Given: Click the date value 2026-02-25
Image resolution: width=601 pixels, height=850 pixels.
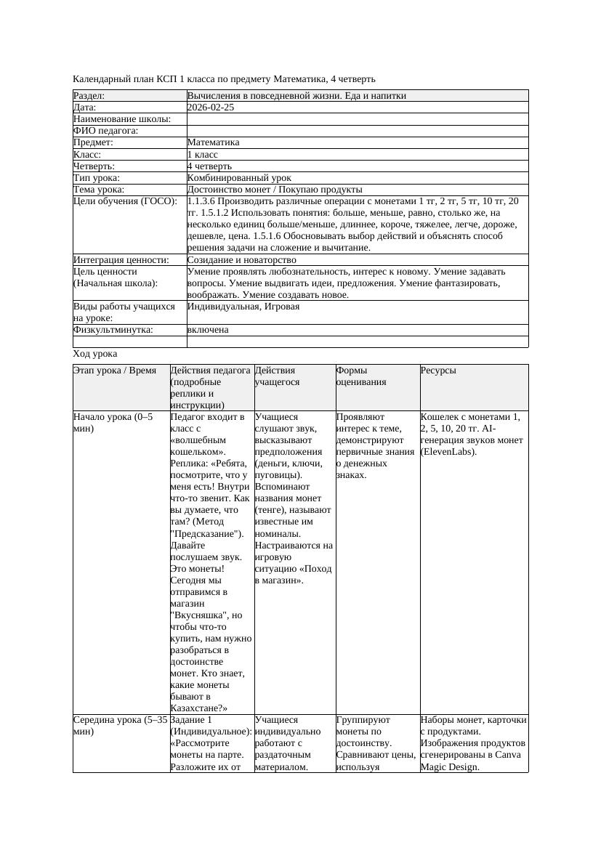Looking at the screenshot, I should (211, 108).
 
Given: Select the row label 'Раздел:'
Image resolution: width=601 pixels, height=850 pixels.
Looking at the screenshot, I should (89, 96).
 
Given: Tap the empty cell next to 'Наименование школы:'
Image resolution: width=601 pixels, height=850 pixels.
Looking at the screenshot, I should (356, 119).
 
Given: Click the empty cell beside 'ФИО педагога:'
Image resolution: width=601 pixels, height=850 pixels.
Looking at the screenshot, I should (356, 131).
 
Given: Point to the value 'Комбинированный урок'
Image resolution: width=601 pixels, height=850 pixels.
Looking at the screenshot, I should (239, 178).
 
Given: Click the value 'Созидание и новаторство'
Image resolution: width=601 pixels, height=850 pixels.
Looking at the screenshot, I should (241, 260).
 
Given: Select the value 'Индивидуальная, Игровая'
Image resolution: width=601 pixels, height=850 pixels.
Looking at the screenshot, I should (243, 307).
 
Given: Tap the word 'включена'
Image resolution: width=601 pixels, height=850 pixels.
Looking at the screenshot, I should (208, 330).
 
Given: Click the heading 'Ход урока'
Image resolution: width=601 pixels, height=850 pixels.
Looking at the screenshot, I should (95, 354).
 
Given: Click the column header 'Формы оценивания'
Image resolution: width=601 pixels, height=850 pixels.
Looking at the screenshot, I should (361, 376).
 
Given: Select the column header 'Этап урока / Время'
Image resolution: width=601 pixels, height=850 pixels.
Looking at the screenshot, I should (115, 371).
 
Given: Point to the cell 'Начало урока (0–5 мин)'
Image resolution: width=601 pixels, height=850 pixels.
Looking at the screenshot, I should (113, 423).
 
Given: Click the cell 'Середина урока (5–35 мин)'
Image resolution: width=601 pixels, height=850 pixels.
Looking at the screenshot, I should (121, 725).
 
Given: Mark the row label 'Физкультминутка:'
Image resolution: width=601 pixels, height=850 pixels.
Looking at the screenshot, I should (113, 330).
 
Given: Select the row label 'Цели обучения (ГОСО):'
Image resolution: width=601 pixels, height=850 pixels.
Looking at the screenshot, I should (125, 201).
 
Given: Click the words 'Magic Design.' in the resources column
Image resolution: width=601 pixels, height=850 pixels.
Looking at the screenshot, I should (450, 766).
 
